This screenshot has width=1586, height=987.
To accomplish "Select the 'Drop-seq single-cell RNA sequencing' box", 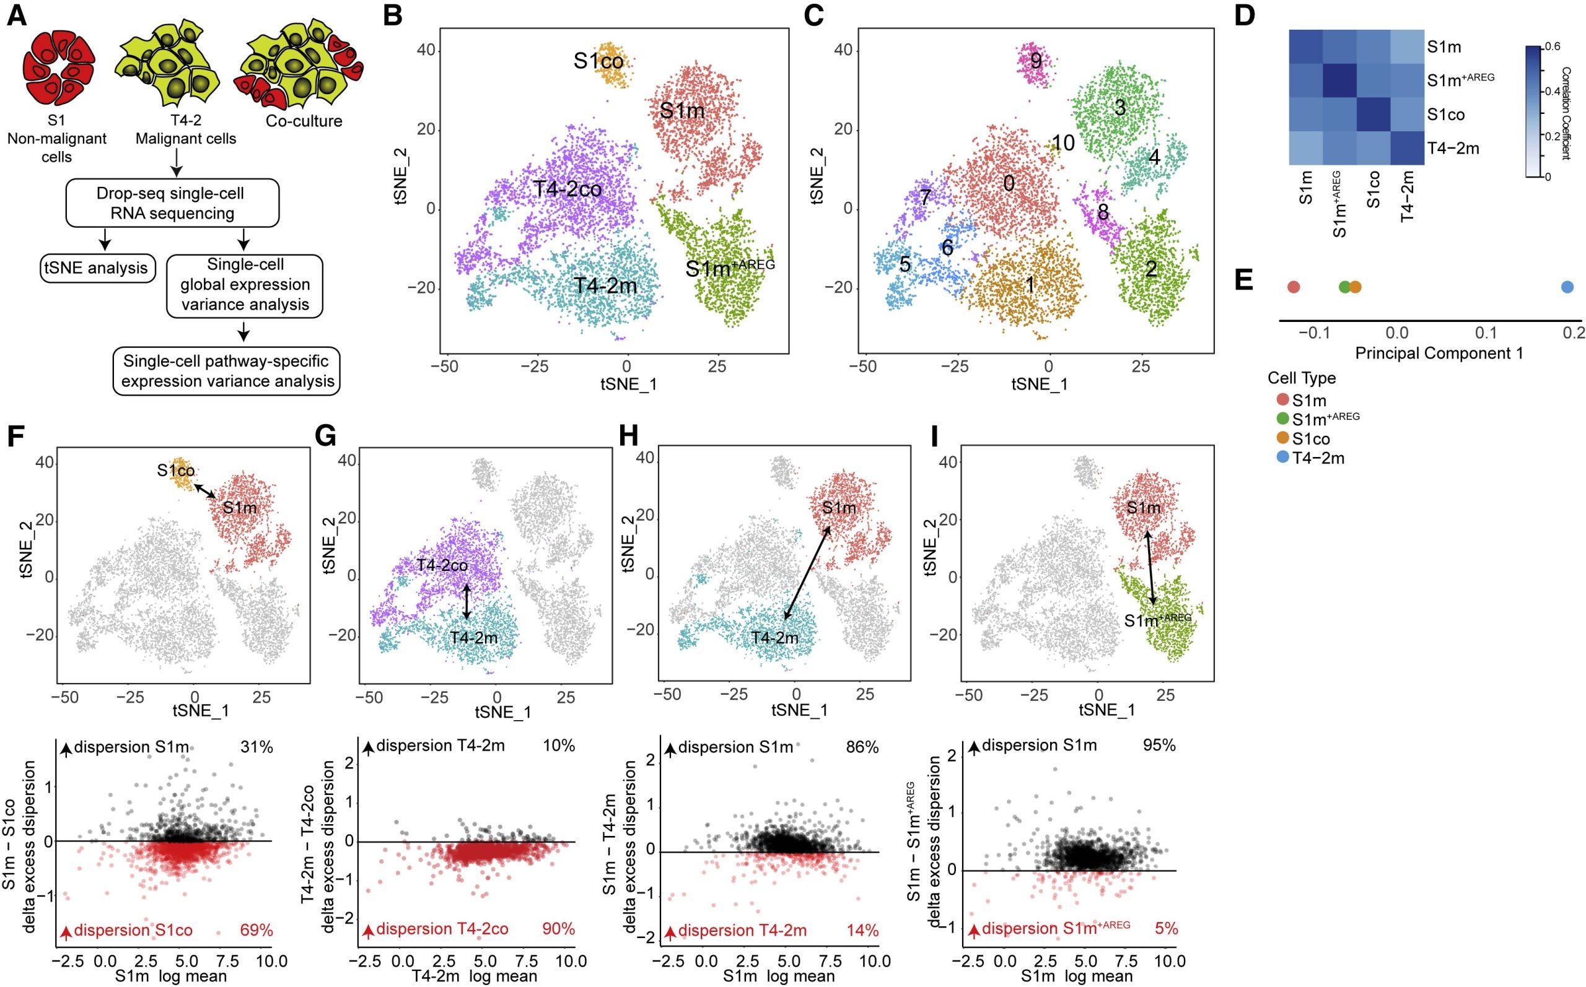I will (173, 203).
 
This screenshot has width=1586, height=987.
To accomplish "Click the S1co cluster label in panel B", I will (598, 61).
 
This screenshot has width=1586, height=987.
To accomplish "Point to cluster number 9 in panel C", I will (1036, 61).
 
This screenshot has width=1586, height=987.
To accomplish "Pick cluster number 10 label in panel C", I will (1064, 143).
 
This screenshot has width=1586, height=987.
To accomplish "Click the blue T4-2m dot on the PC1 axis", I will (1567, 287).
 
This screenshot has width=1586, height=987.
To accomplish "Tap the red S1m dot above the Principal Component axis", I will (1294, 287).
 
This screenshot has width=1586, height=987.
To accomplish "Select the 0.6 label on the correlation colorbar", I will (1554, 47).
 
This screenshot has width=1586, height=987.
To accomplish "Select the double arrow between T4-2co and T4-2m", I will (467, 601).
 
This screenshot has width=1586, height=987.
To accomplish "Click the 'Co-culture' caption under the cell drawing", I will (304, 121).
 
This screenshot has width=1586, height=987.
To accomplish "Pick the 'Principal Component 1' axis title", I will (1439, 353).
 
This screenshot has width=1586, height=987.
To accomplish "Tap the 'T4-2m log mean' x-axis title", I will (474, 976).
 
